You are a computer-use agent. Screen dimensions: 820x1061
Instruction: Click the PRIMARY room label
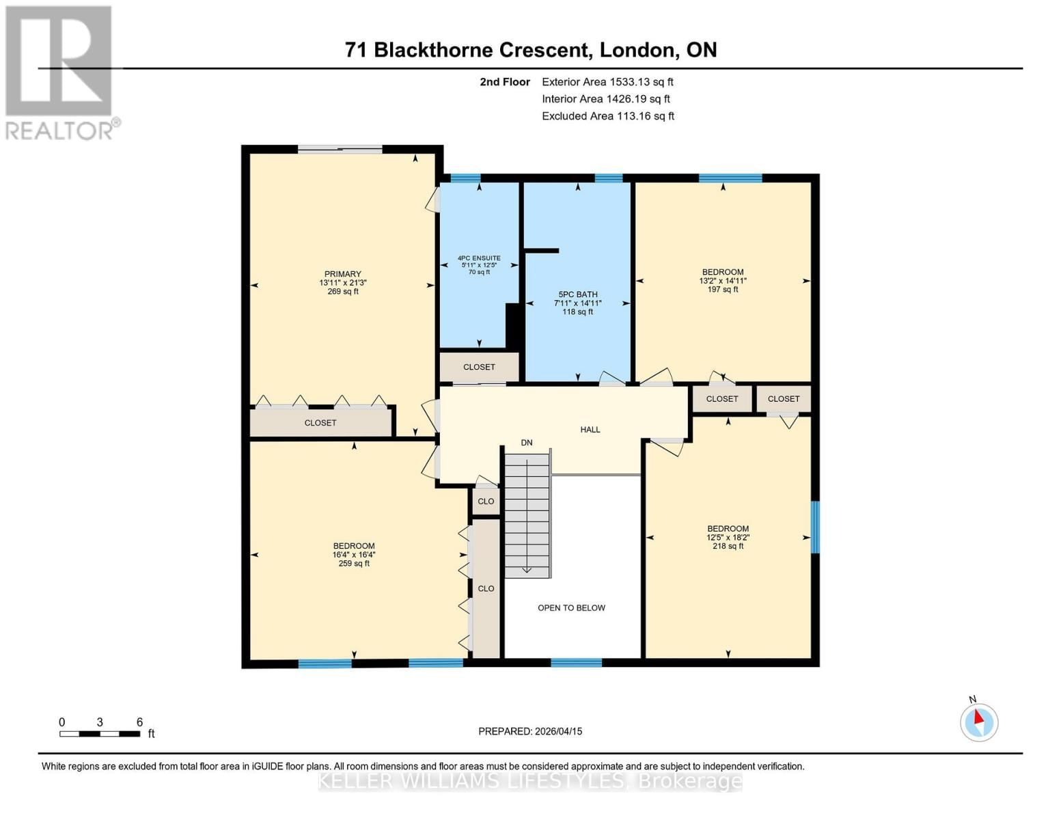tap(342, 274)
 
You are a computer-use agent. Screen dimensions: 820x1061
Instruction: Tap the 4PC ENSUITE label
tap(479, 258)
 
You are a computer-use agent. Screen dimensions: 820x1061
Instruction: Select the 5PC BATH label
tap(577, 295)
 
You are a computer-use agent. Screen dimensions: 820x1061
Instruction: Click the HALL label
tap(590, 430)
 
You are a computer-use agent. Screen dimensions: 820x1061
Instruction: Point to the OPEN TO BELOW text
tap(571, 608)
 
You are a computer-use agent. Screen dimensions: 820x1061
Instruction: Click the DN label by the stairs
tap(527, 443)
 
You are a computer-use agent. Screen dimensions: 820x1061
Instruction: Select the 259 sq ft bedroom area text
tap(354, 564)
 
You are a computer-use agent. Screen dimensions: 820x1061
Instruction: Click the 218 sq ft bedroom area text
tap(728, 547)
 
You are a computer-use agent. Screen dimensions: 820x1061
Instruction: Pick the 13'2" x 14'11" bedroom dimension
tap(723, 281)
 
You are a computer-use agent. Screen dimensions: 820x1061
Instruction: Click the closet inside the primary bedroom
tap(320, 423)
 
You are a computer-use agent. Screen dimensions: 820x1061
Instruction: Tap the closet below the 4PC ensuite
tap(479, 367)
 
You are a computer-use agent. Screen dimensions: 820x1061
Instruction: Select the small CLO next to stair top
tap(486, 502)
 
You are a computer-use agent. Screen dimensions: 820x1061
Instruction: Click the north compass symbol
tap(979, 722)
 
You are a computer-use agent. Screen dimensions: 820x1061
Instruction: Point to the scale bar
tap(100, 734)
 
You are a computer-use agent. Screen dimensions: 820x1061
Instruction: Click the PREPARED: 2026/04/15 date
tap(530, 731)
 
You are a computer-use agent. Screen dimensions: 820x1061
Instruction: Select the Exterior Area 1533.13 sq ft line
tap(607, 82)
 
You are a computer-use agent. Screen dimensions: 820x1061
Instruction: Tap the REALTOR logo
tap(60, 72)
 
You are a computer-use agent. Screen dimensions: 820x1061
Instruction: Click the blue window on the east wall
tap(814, 527)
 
